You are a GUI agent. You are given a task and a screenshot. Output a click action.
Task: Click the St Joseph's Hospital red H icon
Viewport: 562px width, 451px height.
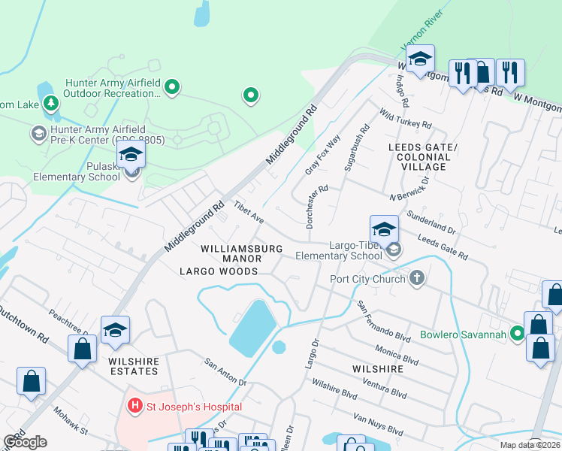135,407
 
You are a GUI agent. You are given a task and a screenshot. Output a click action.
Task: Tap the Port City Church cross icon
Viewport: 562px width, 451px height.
417,279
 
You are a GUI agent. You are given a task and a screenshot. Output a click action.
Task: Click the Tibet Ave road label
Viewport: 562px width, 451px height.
248,212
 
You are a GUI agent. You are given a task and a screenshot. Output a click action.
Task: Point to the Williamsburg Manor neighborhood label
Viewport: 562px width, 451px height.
241,253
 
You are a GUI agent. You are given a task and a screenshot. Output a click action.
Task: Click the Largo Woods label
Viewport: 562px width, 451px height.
219,271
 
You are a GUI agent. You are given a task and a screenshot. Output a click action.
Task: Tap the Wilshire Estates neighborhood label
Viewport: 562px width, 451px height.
134,366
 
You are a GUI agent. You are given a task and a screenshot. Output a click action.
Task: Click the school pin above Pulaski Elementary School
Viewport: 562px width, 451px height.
131,156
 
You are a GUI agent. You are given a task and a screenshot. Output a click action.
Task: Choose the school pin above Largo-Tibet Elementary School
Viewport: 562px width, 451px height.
384,229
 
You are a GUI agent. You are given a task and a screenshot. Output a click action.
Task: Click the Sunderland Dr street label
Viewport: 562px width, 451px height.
431,222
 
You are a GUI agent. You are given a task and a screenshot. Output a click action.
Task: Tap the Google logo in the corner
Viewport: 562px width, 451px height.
26,442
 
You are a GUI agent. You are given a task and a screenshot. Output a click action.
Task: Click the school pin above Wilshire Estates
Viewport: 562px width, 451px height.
115,330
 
